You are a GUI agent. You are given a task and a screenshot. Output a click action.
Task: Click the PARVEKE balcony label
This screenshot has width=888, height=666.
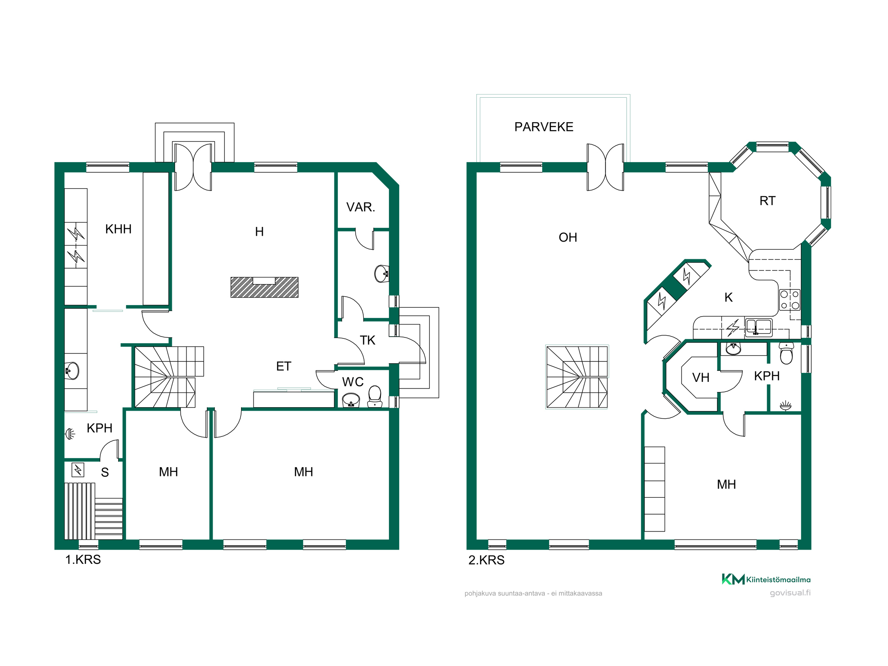point(544,127)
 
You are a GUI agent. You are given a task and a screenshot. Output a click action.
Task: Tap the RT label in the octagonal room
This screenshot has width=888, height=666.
point(767,201)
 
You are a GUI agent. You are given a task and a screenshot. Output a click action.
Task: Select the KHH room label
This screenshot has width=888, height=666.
point(119,229)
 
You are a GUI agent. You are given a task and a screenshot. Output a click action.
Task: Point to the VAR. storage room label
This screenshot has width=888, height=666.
point(361,207)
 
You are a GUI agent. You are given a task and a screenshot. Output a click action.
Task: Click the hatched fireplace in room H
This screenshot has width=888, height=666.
point(264,287)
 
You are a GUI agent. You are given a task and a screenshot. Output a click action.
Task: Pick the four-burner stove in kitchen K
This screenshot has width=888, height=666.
point(790,300)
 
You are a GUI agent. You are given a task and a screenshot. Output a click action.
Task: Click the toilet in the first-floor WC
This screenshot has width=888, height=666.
point(375,396)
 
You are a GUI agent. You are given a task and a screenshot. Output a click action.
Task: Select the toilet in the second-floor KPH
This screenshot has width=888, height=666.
point(786,353)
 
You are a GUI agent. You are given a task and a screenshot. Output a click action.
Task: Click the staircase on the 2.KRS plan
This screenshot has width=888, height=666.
point(577,377)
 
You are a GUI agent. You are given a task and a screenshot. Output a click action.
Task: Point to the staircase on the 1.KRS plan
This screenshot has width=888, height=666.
point(169,377)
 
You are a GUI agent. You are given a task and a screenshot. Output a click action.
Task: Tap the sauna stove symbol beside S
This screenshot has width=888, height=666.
point(78,469)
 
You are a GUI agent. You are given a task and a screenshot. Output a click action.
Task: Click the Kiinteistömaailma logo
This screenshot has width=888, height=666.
point(766,579)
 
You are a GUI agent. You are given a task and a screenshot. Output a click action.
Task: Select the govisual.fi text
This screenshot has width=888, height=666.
point(790,593)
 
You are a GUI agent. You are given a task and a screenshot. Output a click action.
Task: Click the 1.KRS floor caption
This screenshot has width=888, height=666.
point(83,559)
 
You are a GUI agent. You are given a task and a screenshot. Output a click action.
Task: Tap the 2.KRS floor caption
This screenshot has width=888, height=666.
point(486,560)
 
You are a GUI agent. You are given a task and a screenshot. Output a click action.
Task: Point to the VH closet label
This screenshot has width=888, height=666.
point(701,377)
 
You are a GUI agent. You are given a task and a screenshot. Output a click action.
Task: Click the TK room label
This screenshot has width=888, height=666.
point(368,340)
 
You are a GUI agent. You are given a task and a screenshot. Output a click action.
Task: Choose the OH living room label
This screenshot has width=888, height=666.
point(568,238)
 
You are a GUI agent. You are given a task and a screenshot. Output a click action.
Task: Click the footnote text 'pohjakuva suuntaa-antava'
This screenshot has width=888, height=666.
point(504,594)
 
